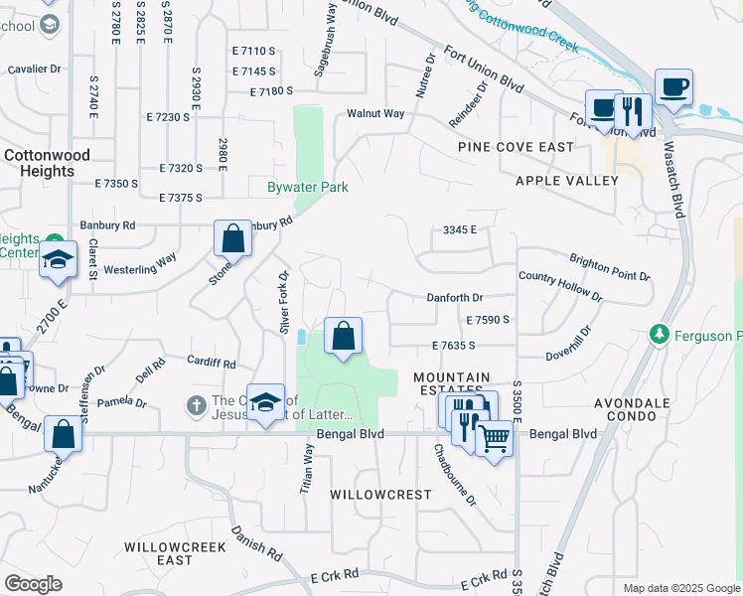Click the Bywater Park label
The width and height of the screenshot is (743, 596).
307,187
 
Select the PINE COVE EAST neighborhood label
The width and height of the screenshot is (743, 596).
516,147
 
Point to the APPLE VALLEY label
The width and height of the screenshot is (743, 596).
566,181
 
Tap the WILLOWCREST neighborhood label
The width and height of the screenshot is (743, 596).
380,494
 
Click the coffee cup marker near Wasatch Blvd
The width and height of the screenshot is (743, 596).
673,87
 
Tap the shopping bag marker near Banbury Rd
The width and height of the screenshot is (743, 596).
232,238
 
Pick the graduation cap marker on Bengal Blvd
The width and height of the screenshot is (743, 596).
265,402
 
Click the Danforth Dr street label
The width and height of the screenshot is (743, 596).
454,297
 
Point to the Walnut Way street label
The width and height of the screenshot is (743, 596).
375,113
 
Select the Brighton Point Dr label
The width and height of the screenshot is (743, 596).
609,268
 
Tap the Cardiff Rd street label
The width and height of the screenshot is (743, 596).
215,364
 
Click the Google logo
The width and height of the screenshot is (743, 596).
33,584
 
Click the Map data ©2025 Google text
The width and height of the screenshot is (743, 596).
680,588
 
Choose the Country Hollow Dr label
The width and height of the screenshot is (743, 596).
560,287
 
